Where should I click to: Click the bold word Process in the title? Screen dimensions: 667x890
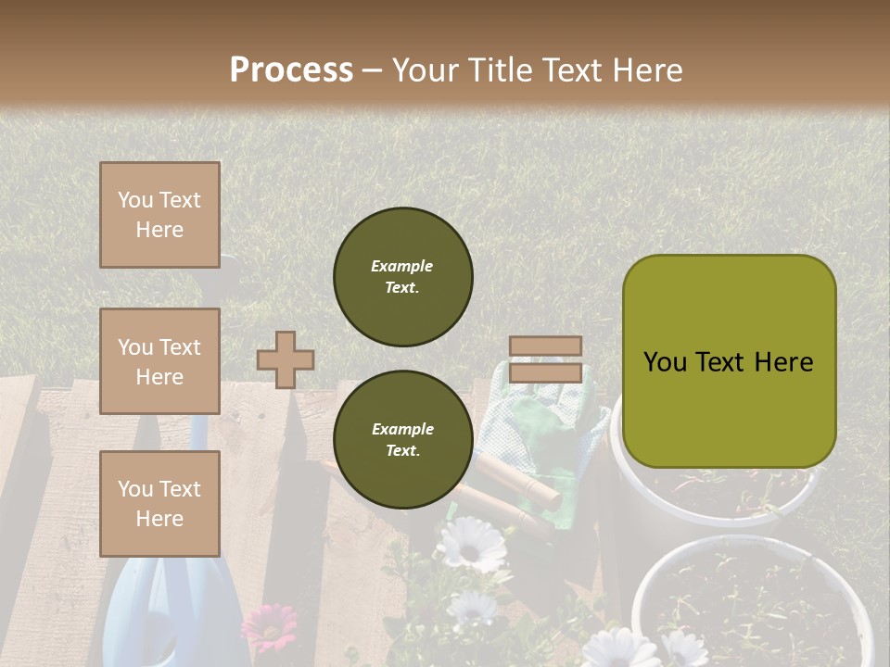point(291,70)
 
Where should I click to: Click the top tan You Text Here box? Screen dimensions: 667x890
point(159,215)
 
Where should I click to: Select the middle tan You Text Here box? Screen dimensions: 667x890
point(159,361)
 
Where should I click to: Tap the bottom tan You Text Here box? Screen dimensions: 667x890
point(159,503)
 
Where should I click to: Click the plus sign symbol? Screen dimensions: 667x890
point(285,359)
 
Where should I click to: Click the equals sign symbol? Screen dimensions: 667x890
point(545,359)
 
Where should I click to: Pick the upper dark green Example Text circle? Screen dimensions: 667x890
point(402,276)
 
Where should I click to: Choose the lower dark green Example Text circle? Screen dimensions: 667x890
point(402,439)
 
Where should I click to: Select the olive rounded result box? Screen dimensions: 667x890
point(729,361)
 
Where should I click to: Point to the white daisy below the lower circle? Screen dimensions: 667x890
point(471,544)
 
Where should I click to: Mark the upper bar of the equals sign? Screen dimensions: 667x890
point(545,346)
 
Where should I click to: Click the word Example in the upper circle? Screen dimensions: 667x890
point(402,266)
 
